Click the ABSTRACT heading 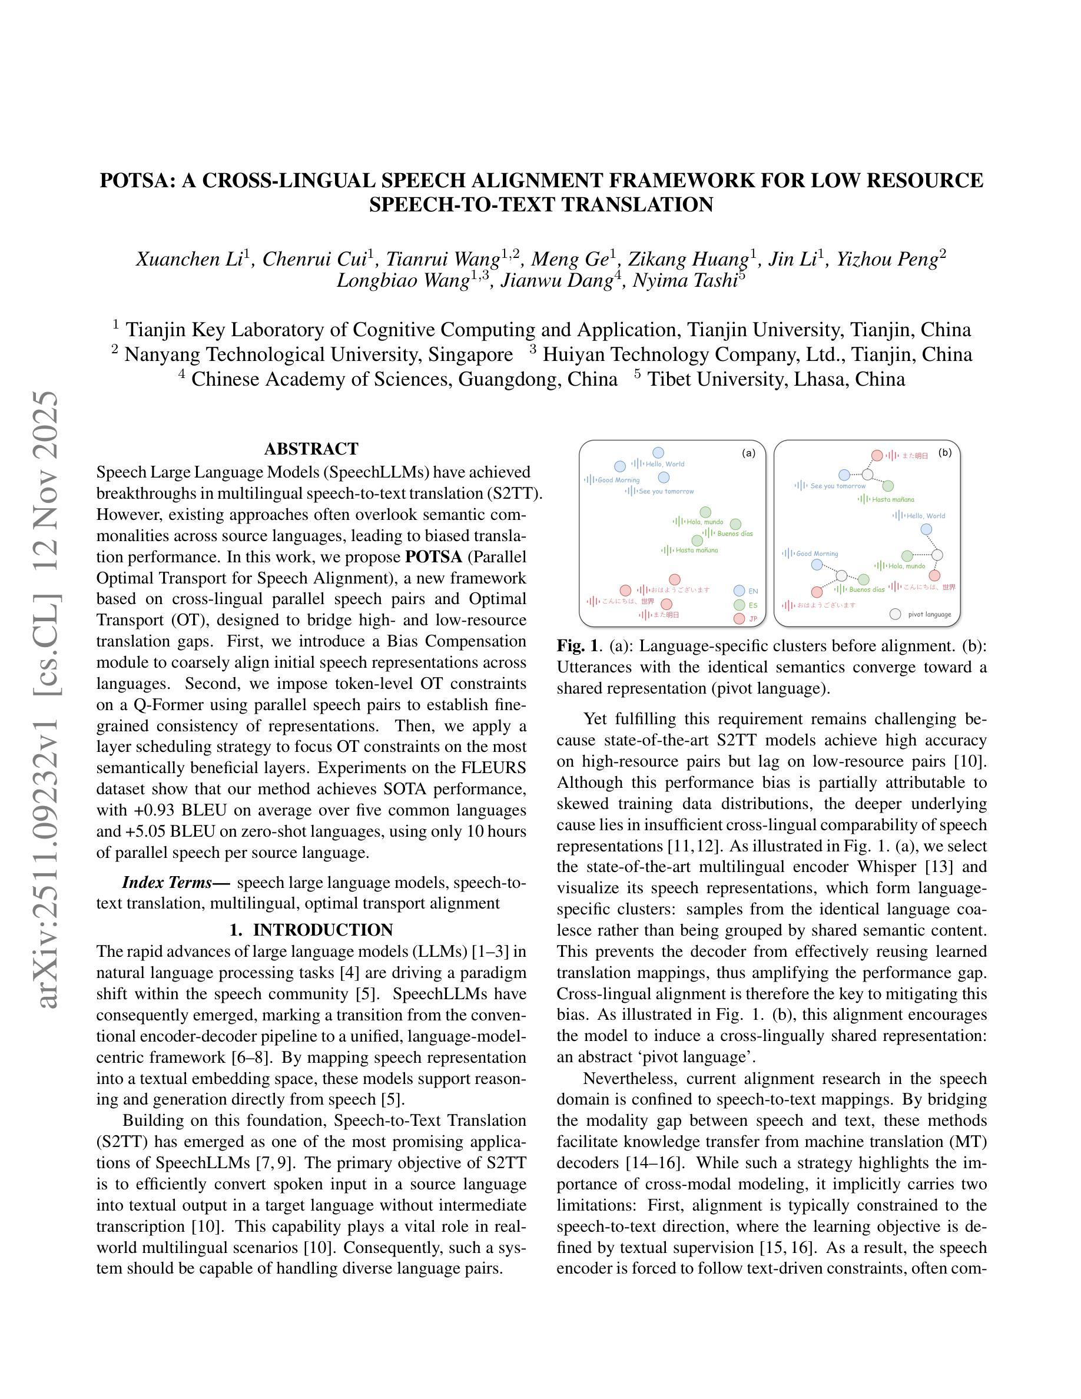pos(311,449)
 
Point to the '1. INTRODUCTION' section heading pos(311,930)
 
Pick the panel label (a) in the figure pos(748,453)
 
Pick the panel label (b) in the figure pos(944,452)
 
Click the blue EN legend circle pos(739,591)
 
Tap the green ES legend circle pos(739,605)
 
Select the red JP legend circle pos(739,618)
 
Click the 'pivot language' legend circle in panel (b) pos(896,614)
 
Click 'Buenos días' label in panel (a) pos(735,533)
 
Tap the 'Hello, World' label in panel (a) pos(665,464)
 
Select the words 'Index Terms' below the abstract pos(167,883)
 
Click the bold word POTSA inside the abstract pos(433,556)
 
